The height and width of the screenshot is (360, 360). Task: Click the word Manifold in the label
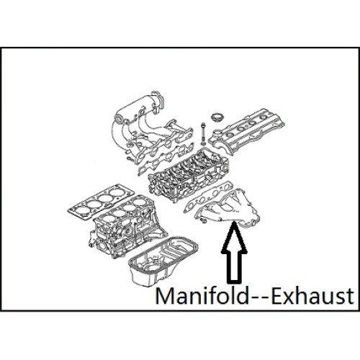202,296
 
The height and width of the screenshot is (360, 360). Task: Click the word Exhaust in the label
312,296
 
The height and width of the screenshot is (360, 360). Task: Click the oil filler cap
216,117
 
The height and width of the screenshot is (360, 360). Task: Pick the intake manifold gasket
166,161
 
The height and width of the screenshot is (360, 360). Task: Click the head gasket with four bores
101,201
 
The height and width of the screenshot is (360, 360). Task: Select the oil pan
163,261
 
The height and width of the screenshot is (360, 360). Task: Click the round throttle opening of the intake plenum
120,120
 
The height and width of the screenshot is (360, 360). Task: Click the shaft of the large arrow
234,267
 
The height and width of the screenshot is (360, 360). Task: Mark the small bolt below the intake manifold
130,158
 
